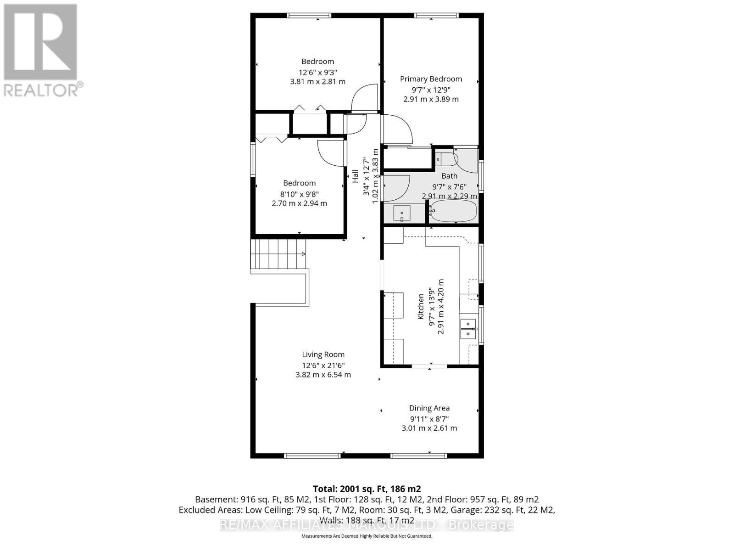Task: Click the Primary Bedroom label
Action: click(431, 79)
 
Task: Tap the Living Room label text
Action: click(323, 354)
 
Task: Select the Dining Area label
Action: click(429, 408)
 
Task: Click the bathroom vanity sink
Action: click(403, 214)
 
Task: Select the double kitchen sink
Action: click(468, 328)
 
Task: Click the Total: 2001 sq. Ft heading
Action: click(367, 489)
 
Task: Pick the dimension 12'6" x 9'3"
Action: click(317, 72)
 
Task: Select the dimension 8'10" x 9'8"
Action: click(299, 193)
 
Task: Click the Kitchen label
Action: click(421, 307)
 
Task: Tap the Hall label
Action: click(356, 176)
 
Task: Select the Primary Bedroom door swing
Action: click(397, 129)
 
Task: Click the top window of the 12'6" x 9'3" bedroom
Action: click(309, 16)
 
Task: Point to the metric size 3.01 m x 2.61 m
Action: click(429, 428)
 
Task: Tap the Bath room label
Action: click(449, 176)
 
